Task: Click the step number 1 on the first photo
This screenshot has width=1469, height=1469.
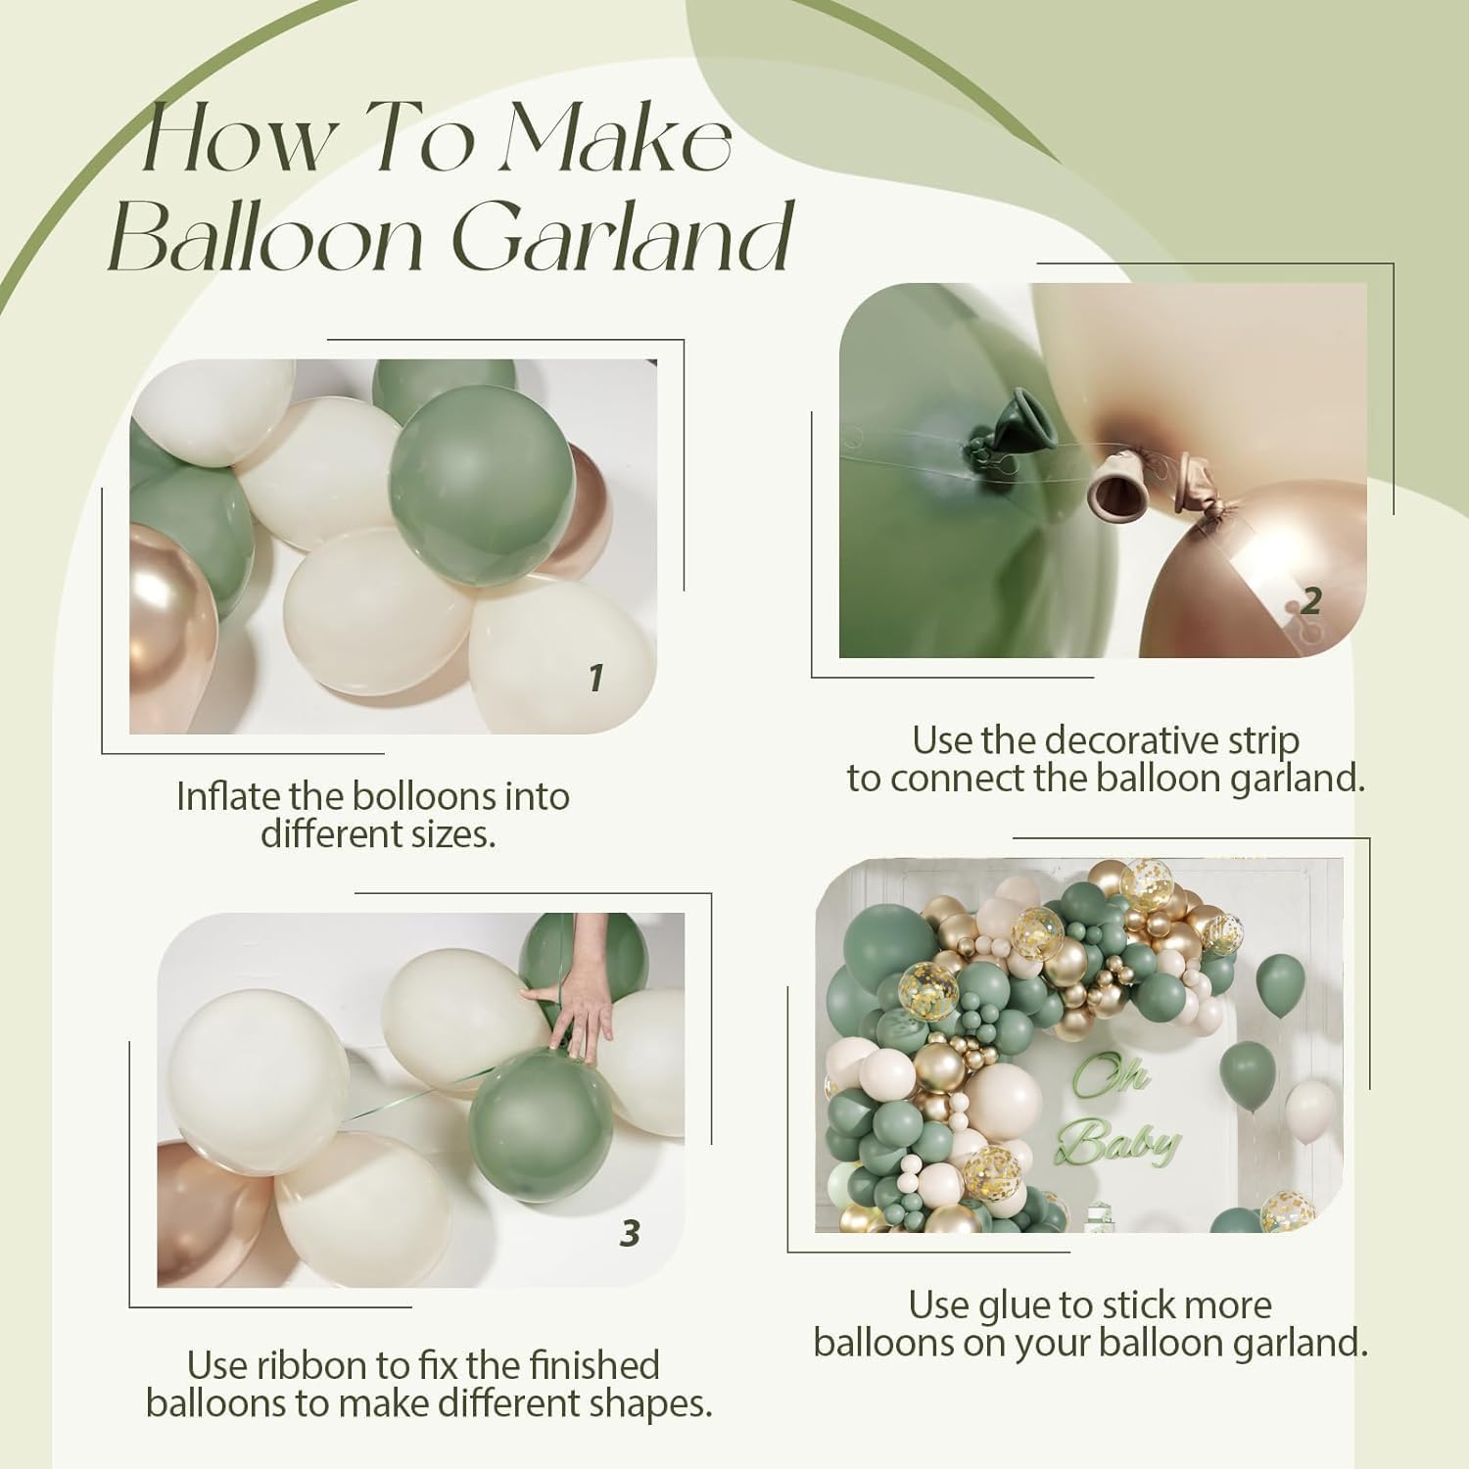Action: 594,678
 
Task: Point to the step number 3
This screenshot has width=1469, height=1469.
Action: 630,1233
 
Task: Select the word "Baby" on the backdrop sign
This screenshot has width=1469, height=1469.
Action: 1124,1143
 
